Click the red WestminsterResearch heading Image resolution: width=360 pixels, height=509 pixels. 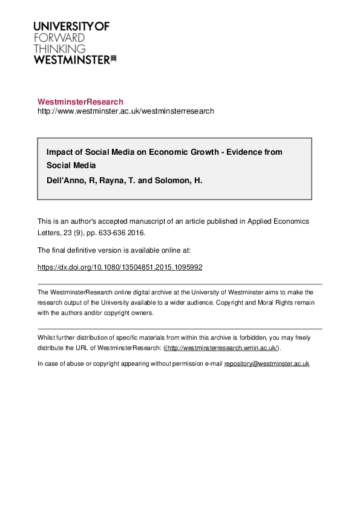(x=80, y=102)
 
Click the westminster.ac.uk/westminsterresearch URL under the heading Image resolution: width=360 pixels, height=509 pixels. (x=126, y=111)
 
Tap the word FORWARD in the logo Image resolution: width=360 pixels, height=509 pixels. (x=58, y=37)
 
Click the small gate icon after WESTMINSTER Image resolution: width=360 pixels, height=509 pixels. (x=113, y=59)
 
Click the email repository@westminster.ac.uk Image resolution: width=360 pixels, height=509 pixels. (x=267, y=364)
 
